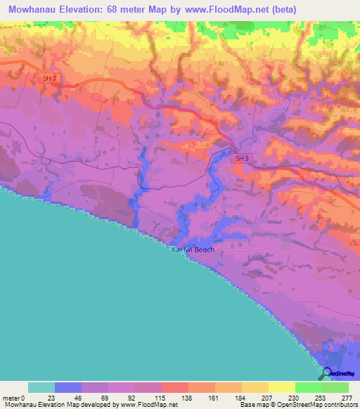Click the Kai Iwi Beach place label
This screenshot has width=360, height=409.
193,249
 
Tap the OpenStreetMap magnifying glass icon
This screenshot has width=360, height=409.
326,374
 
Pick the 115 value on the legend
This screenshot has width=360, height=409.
160,397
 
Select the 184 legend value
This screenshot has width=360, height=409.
241,397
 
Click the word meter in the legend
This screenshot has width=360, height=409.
11,397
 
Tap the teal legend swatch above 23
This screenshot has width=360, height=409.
41,387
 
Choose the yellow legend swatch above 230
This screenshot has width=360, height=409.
281,387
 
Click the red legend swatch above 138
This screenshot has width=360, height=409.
174,387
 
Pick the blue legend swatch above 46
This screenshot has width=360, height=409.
67,387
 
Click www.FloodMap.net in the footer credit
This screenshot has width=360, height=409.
148,405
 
